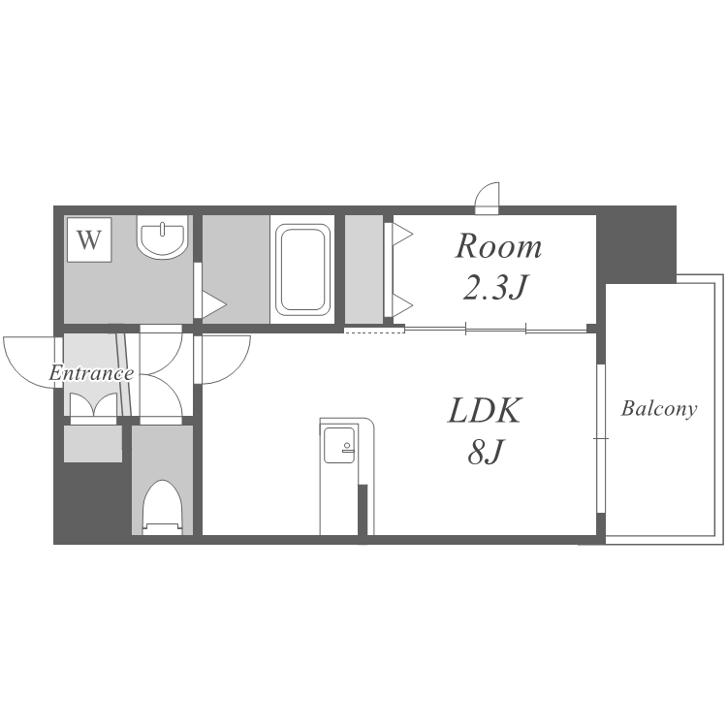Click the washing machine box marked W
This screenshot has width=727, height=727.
89,239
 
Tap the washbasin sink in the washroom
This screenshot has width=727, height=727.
162,237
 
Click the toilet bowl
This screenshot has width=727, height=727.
162,508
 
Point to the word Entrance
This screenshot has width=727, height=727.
91,373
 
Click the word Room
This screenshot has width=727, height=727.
498,246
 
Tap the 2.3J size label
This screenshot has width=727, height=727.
495,288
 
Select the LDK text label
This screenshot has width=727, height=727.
485,410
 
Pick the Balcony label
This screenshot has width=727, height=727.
659,408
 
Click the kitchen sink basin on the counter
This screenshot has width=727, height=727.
339,445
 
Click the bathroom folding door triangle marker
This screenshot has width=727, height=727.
214,304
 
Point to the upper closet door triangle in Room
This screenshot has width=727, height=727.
402,235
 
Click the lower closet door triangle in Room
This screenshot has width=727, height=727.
402,305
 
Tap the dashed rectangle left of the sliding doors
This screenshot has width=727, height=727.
374,330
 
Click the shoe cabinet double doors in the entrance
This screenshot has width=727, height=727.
93,405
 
